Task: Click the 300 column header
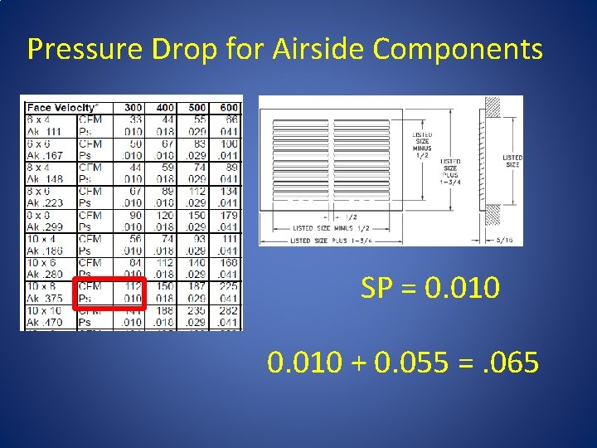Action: pyautogui.click(x=133, y=108)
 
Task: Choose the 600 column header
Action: pyautogui.click(x=228, y=108)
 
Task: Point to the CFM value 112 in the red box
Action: pyautogui.click(x=133, y=287)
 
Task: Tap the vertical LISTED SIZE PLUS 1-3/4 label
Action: pyautogui.click(x=452, y=172)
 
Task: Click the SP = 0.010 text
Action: pyautogui.click(x=430, y=289)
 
